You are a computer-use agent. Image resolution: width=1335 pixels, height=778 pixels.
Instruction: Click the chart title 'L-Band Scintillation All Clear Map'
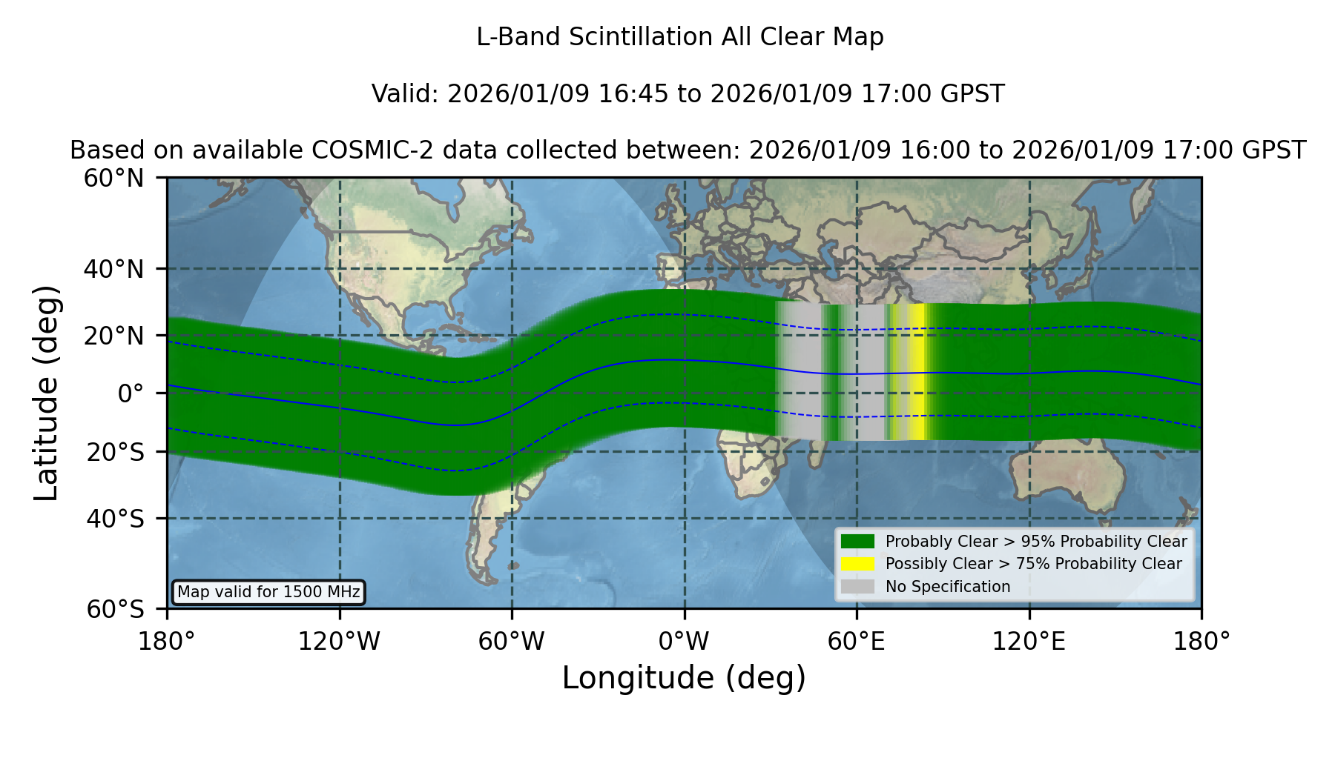tap(680, 37)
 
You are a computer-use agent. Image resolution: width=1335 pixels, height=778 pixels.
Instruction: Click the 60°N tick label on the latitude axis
tap(113, 179)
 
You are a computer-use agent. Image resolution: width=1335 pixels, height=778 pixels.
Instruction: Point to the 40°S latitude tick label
tap(115, 519)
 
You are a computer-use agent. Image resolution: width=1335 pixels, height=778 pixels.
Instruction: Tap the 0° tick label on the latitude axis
tap(131, 393)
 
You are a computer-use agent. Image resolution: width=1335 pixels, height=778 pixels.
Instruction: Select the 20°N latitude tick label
tap(113, 336)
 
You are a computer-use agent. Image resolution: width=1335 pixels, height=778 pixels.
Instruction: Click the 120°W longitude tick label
tap(339, 641)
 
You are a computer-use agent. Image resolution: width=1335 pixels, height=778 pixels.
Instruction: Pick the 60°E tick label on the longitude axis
tap(857, 641)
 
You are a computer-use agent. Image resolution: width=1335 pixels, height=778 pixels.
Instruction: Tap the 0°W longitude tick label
tap(685, 641)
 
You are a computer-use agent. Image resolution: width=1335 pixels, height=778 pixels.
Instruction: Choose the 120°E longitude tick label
tap(1029, 641)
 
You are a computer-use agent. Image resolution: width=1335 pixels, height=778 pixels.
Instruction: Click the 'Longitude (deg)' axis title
tap(684, 678)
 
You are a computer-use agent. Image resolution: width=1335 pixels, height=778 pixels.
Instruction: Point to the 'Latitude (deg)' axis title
tap(47, 393)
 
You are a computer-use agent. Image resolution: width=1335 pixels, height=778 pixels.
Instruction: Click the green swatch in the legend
tap(857, 542)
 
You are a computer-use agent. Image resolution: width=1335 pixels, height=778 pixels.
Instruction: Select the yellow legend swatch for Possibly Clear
tap(857, 564)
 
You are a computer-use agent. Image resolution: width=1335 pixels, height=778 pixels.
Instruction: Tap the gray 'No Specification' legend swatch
tap(857, 587)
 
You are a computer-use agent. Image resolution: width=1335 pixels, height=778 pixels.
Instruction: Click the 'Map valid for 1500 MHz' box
tap(268, 592)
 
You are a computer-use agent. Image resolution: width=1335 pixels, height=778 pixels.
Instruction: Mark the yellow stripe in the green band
tap(917, 372)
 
